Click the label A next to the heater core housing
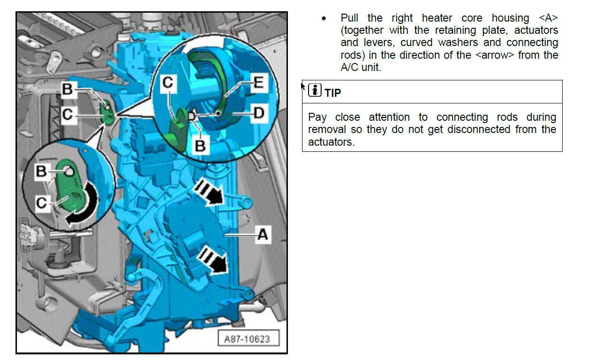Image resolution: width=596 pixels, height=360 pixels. [x=263, y=235]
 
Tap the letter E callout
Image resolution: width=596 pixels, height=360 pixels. [x=259, y=82]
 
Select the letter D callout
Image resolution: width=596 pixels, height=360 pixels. [x=259, y=113]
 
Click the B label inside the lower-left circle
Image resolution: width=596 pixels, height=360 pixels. [x=41, y=171]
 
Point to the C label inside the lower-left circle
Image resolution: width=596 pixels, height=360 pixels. [x=42, y=203]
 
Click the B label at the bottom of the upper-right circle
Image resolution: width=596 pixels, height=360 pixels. [x=201, y=146]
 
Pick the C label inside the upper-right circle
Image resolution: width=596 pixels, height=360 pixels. [x=168, y=83]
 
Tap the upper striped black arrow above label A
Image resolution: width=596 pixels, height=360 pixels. [x=209, y=191]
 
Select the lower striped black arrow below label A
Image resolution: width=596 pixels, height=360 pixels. [x=213, y=259]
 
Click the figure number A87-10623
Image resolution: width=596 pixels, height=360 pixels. [x=247, y=339]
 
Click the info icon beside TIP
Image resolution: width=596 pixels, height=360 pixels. [x=315, y=90]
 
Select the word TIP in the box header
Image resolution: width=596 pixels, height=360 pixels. [x=333, y=93]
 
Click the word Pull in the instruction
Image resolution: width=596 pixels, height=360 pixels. [x=349, y=18]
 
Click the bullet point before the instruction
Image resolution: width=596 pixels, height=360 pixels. [x=324, y=19]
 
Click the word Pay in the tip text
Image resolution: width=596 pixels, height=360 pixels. [x=317, y=117]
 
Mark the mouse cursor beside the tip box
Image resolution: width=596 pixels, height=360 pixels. [x=302, y=86]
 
